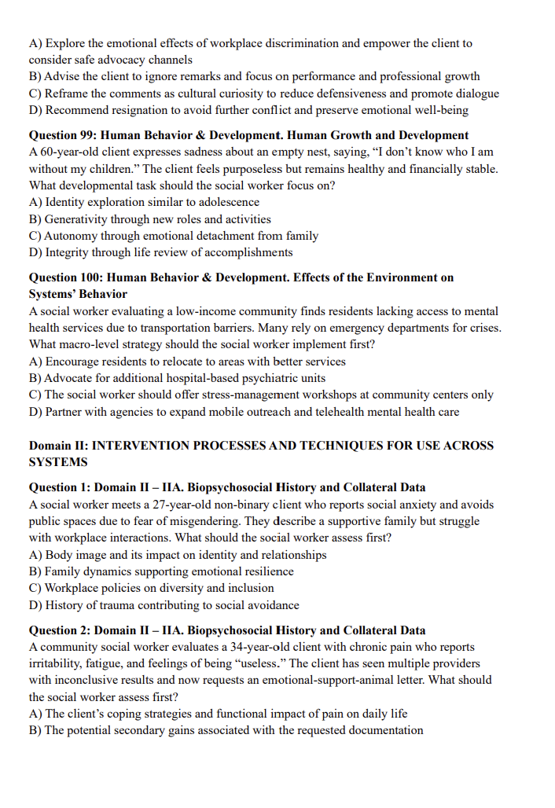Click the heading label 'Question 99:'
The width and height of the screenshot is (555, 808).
pyautogui.click(x=64, y=135)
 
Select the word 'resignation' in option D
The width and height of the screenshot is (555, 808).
pyautogui.click(x=142, y=110)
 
